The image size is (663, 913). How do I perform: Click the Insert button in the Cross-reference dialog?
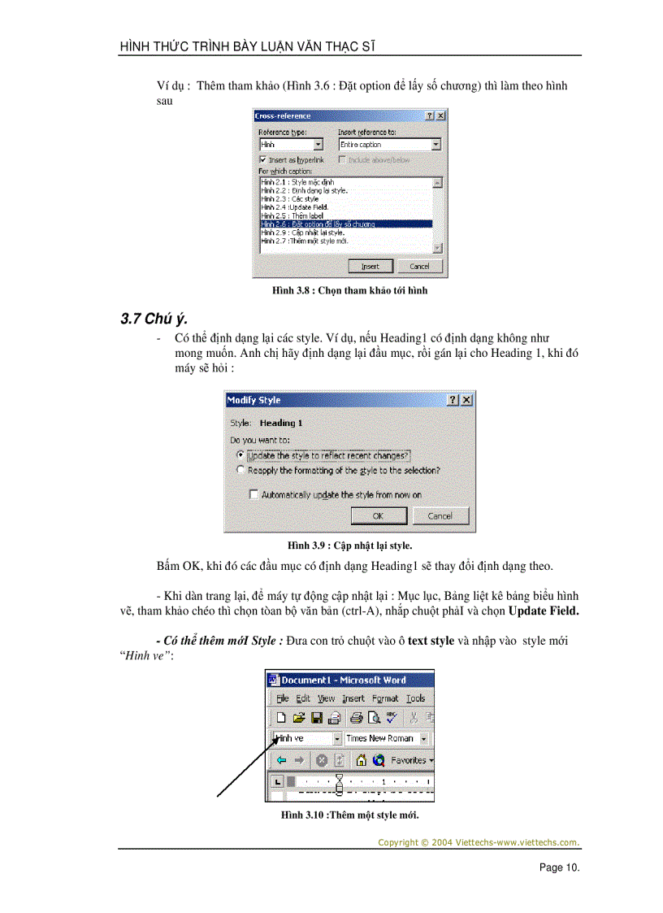pyautogui.click(x=370, y=266)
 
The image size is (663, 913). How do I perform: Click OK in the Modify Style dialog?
pyautogui.click(x=378, y=515)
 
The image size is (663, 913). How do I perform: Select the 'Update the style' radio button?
pyautogui.click(x=240, y=455)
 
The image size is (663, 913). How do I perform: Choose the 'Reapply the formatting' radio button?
pyautogui.click(x=240, y=470)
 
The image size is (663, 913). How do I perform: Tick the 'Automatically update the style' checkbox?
pyautogui.click(x=254, y=494)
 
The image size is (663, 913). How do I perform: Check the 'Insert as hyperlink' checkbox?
pyautogui.click(x=262, y=160)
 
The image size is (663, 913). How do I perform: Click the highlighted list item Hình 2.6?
pyautogui.click(x=345, y=224)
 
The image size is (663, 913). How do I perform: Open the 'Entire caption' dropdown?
pyautogui.click(x=436, y=145)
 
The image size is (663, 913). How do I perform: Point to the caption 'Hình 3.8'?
pyautogui.click(x=349, y=290)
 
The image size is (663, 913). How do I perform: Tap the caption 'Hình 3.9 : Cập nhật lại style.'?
pyautogui.click(x=349, y=546)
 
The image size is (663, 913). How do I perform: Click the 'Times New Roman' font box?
pyautogui.click(x=380, y=738)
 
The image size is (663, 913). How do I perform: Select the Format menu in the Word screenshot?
pyautogui.click(x=385, y=698)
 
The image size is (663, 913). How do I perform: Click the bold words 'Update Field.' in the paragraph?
pyautogui.click(x=544, y=611)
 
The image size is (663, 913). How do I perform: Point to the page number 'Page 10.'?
pyautogui.click(x=559, y=867)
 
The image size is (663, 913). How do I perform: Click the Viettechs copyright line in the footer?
pyautogui.click(x=479, y=842)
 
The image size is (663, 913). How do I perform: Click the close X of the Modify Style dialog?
pyautogui.click(x=466, y=400)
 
